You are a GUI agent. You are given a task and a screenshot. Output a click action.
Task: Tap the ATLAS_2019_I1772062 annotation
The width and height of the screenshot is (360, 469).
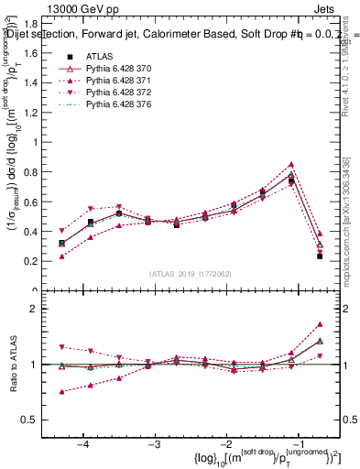pyautogui.click(x=190, y=273)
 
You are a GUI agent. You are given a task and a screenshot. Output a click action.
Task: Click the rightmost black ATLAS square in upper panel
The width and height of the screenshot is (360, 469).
pyautogui.click(x=320, y=256)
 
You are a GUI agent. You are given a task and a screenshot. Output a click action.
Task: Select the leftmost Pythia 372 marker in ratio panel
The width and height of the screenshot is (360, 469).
pyautogui.click(x=61, y=347)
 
